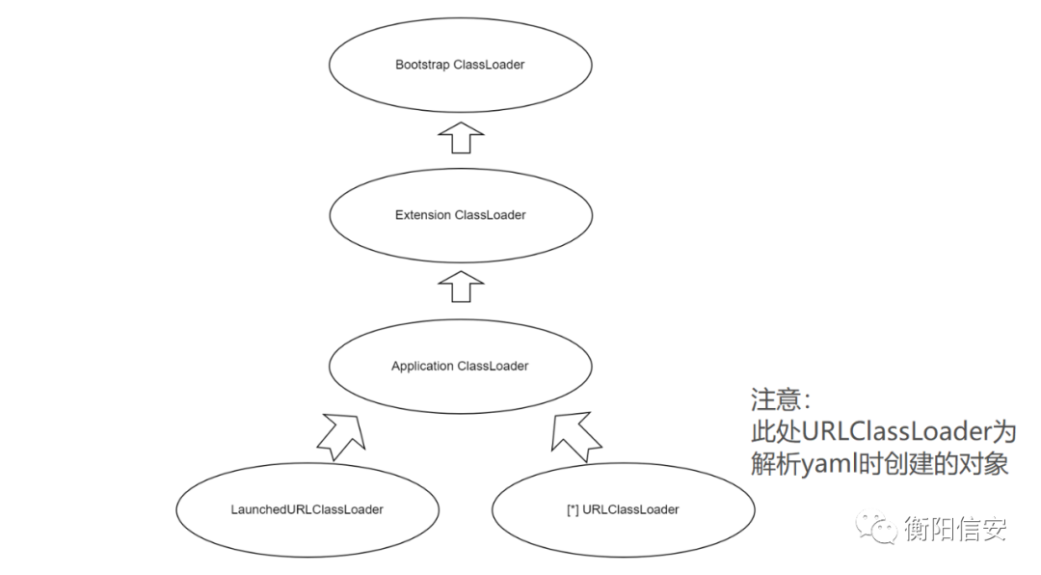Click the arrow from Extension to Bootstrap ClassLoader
click(460, 137)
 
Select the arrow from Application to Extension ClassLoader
click(460, 287)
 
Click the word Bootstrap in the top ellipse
click(422, 65)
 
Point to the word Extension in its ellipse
click(422, 215)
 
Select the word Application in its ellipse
click(422, 367)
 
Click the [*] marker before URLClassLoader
click(573, 509)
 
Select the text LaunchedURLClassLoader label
click(307, 509)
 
